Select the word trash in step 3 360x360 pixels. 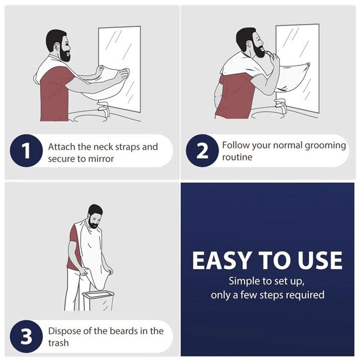(x=58, y=343)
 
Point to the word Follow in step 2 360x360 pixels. (x=234, y=146)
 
